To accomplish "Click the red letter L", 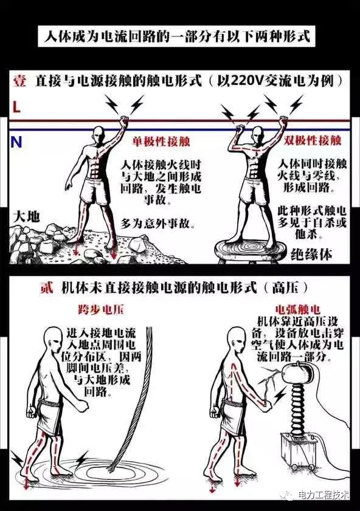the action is tap(16, 107).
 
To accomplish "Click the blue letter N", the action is tap(16, 142).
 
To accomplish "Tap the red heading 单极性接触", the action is tap(161, 142).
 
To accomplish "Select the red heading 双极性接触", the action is tap(312, 140).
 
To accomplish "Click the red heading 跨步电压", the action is tap(102, 309).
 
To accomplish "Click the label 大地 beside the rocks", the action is tap(26, 216).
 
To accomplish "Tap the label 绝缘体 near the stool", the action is tap(311, 254).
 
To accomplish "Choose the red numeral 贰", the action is tap(47, 288).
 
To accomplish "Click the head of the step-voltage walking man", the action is tap(53, 341).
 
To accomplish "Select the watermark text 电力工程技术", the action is tap(324, 495).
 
